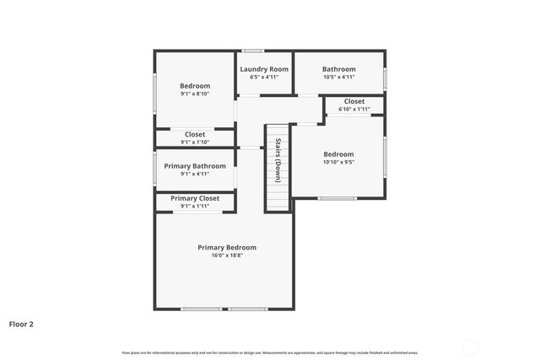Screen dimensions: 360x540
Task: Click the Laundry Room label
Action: [x=264, y=69]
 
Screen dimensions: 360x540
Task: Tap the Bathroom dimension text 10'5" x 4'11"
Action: [x=338, y=77]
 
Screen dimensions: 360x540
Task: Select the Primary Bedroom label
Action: [x=227, y=247]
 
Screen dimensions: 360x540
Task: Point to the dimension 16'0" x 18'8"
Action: [x=227, y=255]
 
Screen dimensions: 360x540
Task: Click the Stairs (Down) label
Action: [x=278, y=160]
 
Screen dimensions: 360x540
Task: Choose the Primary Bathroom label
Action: [x=195, y=166]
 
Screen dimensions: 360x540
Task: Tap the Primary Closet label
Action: [x=195, y=198]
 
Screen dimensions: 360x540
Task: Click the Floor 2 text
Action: [x=21, y=323]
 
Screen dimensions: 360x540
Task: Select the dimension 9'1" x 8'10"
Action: [x=195, y=94]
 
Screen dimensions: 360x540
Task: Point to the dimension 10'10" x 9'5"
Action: [x=338, y=162]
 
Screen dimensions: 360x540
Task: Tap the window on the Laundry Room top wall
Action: [x=252, y=51]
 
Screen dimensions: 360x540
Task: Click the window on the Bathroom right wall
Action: [x=385, y=78]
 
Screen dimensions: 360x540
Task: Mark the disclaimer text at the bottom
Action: [x=270, y=352]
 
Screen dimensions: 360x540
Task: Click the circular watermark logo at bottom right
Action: [x=470, y=346]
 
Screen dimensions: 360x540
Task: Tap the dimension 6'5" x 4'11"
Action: [x=264, y=77]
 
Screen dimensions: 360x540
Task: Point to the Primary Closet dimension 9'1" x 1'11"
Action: [x=195, y=206]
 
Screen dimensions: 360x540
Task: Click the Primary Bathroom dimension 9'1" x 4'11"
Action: [x=195, y=175]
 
